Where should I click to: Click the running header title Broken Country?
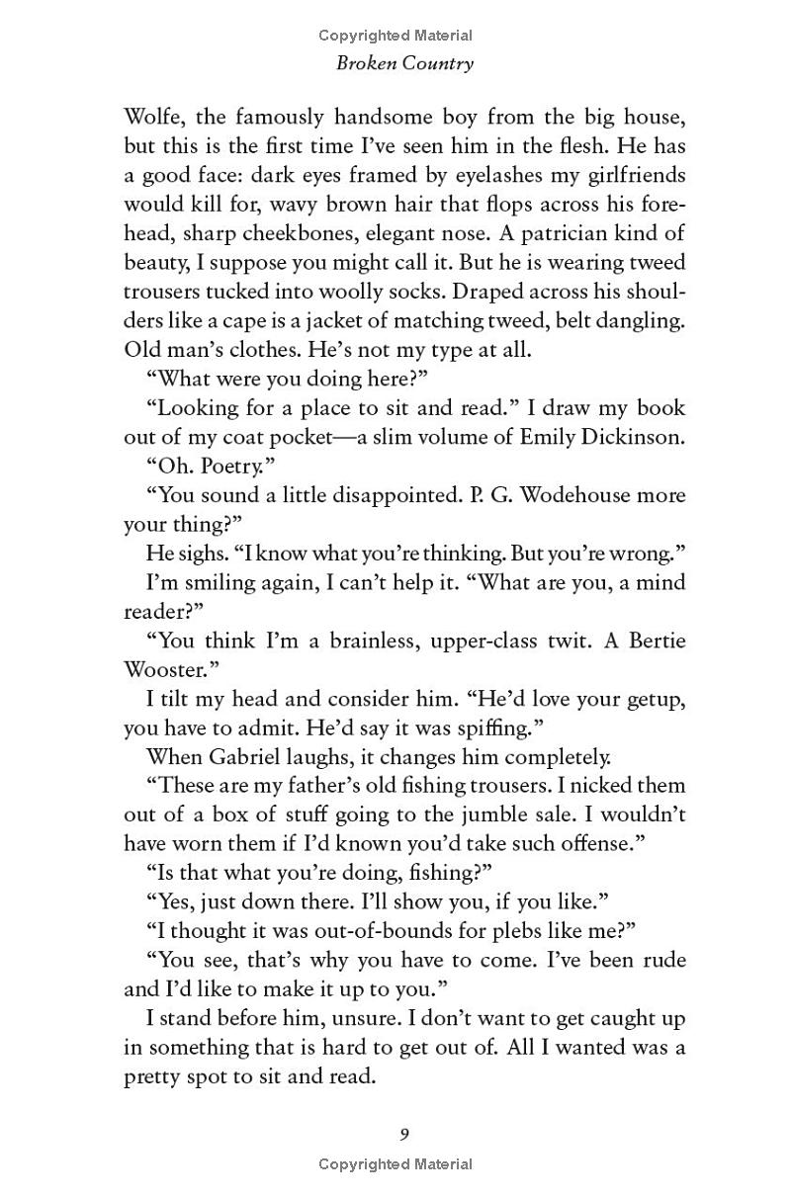pos(405,63)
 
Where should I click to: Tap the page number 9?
pos(404,1134)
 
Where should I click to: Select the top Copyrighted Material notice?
pos(395,36)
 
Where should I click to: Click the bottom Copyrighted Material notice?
pos(395,1164)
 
